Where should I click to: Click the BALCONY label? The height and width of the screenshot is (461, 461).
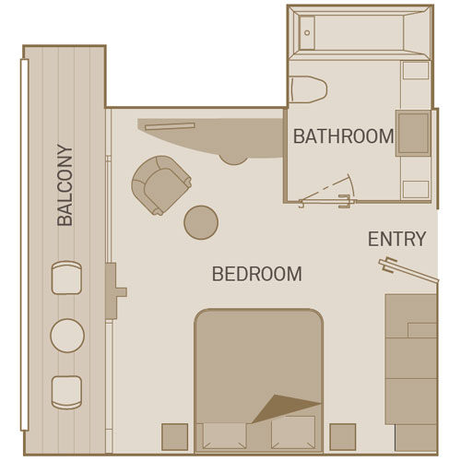[65, 185]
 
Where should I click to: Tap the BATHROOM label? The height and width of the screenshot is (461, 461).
[344, 136]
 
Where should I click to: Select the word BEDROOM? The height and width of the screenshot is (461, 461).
[257, 274]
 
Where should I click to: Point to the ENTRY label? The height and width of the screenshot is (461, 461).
[397, 239]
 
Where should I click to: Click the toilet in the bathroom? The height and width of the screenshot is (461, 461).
[308, 89]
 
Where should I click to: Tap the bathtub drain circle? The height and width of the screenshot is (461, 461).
[307, 32]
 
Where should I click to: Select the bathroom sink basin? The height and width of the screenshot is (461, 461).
[413, 133]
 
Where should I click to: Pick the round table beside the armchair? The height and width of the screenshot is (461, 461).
[201, 222]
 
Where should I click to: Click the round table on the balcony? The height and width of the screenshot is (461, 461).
[67, 336]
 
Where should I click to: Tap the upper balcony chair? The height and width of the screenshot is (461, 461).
[66, 278]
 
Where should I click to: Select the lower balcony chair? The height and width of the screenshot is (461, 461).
[66, 393]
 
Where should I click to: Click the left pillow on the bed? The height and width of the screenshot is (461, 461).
[225, 436]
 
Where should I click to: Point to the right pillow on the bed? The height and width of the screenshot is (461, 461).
[293, 432]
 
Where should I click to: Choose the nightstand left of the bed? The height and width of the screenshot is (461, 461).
[175, 437]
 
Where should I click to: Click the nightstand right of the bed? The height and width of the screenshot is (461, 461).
[343, 437]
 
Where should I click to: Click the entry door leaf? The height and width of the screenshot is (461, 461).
[408, 270]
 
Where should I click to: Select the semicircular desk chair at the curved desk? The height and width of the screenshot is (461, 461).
[233, 160]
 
